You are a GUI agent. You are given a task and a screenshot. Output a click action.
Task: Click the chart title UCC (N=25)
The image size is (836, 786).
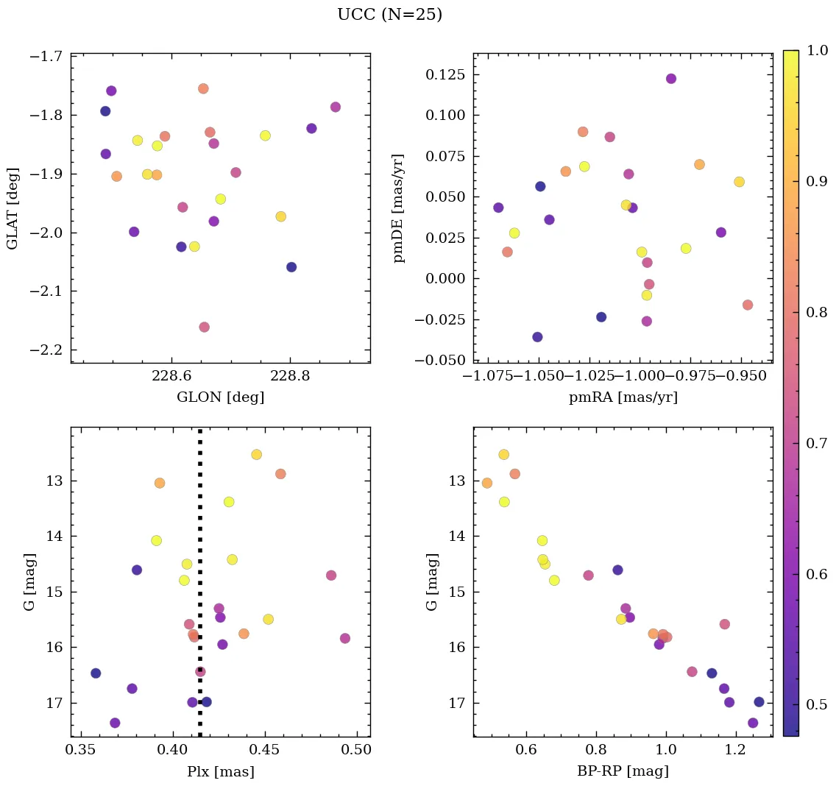point(389,15)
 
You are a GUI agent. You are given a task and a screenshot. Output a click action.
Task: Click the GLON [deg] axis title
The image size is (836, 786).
point(220,397)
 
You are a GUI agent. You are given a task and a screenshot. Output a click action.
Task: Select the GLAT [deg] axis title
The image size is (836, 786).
point(13,208)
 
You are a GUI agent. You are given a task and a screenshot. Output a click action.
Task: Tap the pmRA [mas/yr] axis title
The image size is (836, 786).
point(623,397)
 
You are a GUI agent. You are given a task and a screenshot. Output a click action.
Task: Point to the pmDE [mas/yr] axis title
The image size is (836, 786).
point(399,208)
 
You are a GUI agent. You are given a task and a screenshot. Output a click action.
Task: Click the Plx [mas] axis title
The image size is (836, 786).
point(220,772)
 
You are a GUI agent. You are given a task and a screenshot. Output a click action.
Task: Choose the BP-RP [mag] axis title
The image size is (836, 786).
point(623,772)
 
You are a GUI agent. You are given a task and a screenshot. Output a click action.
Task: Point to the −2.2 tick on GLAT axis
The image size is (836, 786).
point(46,350)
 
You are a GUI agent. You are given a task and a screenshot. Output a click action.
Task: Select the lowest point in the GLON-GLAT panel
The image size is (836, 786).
point(204,327)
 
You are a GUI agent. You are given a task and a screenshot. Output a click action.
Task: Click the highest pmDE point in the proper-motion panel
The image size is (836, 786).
point(670,79)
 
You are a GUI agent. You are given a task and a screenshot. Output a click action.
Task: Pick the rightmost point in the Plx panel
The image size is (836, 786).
point(344,638)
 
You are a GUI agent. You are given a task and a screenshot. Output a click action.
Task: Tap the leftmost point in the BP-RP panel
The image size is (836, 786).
point(486,483)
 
